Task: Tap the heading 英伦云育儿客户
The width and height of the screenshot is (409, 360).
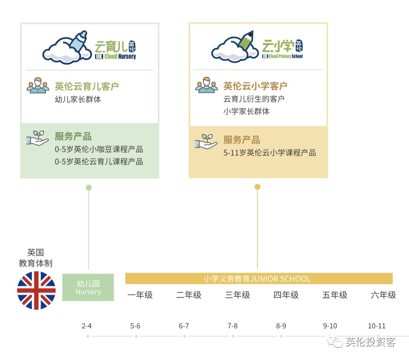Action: tap(87, 86)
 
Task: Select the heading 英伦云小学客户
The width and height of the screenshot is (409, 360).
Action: tap(255, 86)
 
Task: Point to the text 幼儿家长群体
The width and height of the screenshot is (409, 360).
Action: tap(78, 99)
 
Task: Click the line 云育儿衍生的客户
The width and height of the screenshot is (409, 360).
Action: tap(254, 99)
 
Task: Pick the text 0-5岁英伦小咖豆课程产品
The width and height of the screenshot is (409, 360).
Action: tap(99, 149)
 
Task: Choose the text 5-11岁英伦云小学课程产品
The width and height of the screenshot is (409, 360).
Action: tap(269, 153)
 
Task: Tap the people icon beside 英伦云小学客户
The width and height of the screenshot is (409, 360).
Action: tap(206, 85)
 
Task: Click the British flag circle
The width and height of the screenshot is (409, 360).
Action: tap(36, 290)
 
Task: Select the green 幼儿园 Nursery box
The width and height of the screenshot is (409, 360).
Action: tap(88, 287)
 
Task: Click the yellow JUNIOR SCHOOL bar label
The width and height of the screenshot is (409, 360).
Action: tap(257, 278)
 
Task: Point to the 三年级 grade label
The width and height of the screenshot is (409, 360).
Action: tap(237, 295)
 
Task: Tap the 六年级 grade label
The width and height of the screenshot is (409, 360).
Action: tap(383, 295)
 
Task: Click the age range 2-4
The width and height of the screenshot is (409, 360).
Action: tap(87, 326)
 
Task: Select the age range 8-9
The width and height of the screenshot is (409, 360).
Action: tap(281, 326)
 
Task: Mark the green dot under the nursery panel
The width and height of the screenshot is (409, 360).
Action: tap(89, 188)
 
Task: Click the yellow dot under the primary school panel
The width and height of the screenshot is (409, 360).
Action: tap(257, 187)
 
